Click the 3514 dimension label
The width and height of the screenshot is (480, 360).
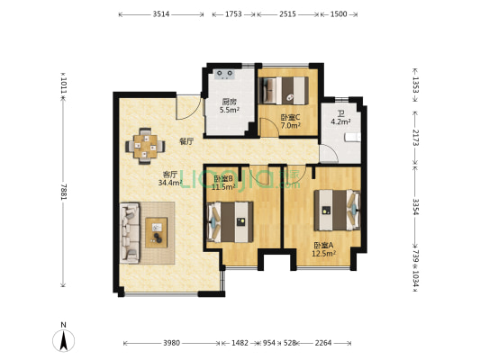pos(161,14)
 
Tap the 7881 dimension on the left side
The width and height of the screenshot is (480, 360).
pos(63,192)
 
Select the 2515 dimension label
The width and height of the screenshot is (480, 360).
pos(287,14)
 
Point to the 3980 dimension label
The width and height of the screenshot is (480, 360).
pos(171,343)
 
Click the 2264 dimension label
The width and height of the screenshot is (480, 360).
pos(323,343)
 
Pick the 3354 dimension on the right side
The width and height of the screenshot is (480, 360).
pos(415,207)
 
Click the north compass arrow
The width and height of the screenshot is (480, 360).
pos(64,341)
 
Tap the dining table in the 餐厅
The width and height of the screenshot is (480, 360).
pos(145,146)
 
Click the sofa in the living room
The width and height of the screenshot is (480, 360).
pos(129,233)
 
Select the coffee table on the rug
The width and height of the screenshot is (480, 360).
pos(157,232)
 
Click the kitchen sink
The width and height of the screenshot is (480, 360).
pos(225,74)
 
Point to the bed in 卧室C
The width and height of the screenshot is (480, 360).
pos(284,90)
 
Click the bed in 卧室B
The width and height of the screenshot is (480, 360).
pos(231,221)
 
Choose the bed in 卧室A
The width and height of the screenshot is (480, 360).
pos(337,210)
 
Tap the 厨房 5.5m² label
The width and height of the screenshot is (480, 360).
pos(230,106)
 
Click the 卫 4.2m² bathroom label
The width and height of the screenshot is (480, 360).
pos(340,118)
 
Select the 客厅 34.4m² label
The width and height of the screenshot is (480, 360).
pos(170,178)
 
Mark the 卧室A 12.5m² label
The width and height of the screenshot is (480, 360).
pos(324,249)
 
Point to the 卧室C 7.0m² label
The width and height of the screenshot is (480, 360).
pos(291,121)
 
